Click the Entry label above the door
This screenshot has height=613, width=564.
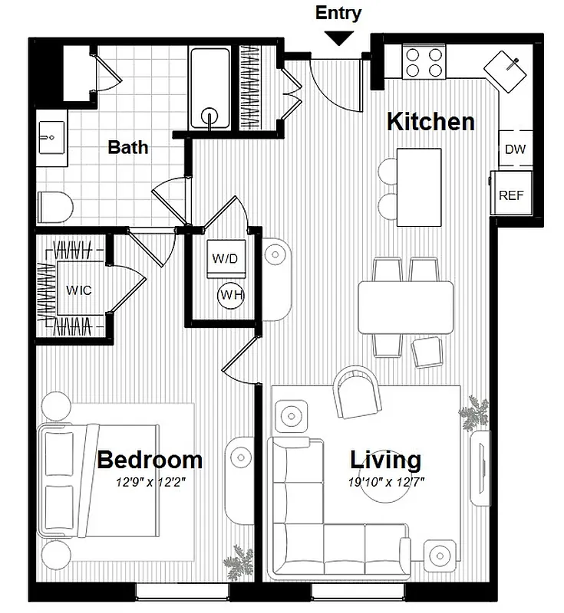tap(338, 13)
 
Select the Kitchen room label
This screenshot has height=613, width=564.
tap(430, 122)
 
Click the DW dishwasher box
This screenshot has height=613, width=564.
tap(515, 149)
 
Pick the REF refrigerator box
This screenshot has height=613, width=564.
tap(511, 195)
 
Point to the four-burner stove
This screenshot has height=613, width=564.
tap(425, 61)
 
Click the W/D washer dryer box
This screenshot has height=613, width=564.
tap(225, 258)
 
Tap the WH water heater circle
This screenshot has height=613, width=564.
tap(231, 294)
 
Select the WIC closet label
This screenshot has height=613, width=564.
tap(78, 290)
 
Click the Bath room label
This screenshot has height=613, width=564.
tap(128, 146)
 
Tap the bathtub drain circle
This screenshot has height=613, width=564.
tap(209, 117)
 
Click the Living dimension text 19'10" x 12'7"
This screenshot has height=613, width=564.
tap(387, 482)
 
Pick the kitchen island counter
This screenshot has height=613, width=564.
tap(419, 186)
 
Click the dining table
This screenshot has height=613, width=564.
tap(406, 306)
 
